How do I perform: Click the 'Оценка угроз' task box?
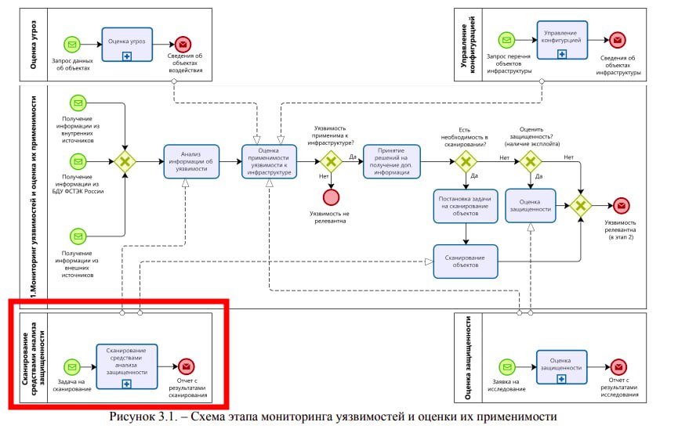[126, 43]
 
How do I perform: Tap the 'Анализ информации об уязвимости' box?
[190, 162]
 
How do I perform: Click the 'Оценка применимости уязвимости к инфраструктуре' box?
[269, 161]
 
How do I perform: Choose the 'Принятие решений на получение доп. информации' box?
[391, 162]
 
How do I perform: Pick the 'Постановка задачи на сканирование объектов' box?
[466, 205]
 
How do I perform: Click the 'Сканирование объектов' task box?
[466, 261]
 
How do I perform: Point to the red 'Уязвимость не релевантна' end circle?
[332, 197]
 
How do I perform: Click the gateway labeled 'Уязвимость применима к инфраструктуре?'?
[332, 161]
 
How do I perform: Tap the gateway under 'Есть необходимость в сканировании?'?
[466, 162]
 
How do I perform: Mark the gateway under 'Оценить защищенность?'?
[530, 162]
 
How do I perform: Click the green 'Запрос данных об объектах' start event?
[73, 43]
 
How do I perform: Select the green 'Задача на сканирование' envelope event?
[73, 366]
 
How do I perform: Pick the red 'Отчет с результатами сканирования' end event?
[186, 366]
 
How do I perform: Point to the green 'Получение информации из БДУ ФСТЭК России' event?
[78, 162]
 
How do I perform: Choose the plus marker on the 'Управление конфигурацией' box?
[562, 54]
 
